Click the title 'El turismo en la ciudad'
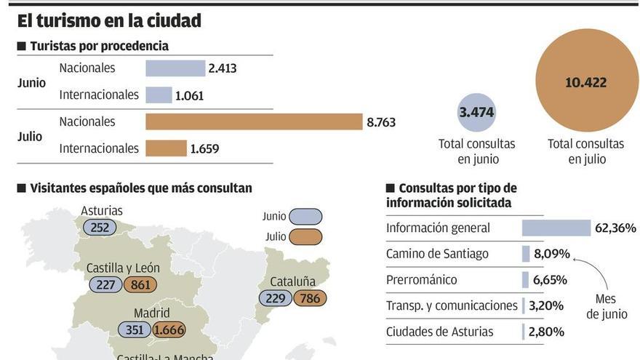point(109,21)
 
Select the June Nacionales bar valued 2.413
point(175,68)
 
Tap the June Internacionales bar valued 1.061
point(159,95)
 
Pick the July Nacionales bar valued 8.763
point(254,122)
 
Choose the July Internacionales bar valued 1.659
point(166,148)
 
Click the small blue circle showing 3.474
point(476,113)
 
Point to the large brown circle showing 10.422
point(585,82)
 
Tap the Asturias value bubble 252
point(100,228)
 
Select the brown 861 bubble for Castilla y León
point(140,285)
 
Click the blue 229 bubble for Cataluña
point(276,298)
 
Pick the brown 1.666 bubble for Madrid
point(169,329)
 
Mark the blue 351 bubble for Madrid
point(134,329)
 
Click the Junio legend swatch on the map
point(305,217)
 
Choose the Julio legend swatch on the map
point(305,237)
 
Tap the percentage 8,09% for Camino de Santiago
point(552,255)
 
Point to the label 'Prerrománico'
point(422,280)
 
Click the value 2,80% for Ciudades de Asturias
point(546,332)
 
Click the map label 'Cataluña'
point(292,281)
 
